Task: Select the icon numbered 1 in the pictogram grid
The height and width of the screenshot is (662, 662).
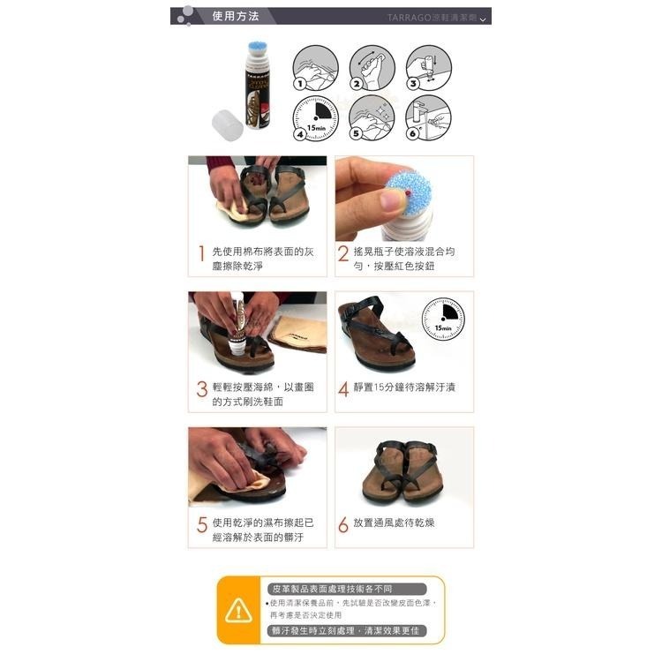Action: (314, 68)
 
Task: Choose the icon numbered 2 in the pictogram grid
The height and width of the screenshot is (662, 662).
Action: (372, 68)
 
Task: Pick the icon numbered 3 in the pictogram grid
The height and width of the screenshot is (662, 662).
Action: (428, 68)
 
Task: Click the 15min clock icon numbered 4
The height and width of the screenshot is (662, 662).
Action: (314, 118)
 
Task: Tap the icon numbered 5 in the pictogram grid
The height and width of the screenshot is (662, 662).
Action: (372, 118)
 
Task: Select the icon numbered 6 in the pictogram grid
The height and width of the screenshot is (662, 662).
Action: (428, 118)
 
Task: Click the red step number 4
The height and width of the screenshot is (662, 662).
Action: (344, 388)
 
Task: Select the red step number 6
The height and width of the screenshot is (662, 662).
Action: (344, 523)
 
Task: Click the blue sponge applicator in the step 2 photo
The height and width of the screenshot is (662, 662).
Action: (408, 192)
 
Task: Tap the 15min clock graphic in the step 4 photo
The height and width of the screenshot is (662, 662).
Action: (443, 320)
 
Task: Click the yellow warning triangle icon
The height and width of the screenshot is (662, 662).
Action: (238, 610)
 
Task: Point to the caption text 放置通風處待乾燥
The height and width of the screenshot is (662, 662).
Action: (394, 523)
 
